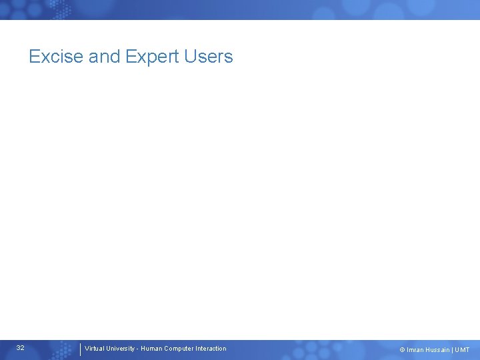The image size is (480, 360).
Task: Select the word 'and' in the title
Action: click(104, 57)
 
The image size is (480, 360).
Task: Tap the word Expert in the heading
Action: click(153, 57)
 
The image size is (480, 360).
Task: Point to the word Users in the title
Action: click(210, 57)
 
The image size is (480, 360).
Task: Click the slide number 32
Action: click(21, 348)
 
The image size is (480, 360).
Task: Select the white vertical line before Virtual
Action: click(80, 349)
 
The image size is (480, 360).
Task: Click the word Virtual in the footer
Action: click(95, 349)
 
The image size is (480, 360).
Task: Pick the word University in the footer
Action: click(121, 349)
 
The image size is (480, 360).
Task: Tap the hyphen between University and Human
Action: click(137, 349)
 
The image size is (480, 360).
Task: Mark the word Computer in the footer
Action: click(179, 349)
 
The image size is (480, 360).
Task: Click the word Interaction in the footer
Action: click(211, 349)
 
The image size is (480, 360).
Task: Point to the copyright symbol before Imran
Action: click(402, 350)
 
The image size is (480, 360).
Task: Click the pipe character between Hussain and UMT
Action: click(453, 350)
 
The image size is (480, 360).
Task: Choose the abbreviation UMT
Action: click(463, 350)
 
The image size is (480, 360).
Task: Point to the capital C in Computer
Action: click(167, 349)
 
